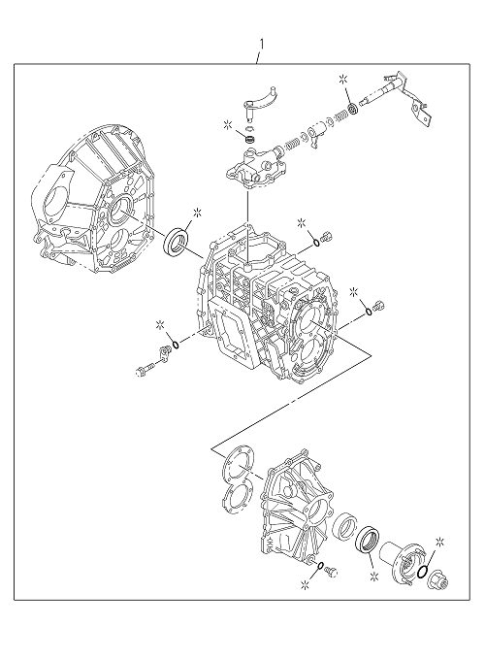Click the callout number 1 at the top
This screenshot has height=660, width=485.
pyautogui.click(x=262, y=45)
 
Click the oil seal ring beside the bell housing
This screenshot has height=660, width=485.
pyautogui.click(x=177, y=241)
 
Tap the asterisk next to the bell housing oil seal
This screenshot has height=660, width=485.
pyautogui.click(x=197, y=213)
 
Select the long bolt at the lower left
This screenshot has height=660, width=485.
pyautogui.click(x=145, y=370)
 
